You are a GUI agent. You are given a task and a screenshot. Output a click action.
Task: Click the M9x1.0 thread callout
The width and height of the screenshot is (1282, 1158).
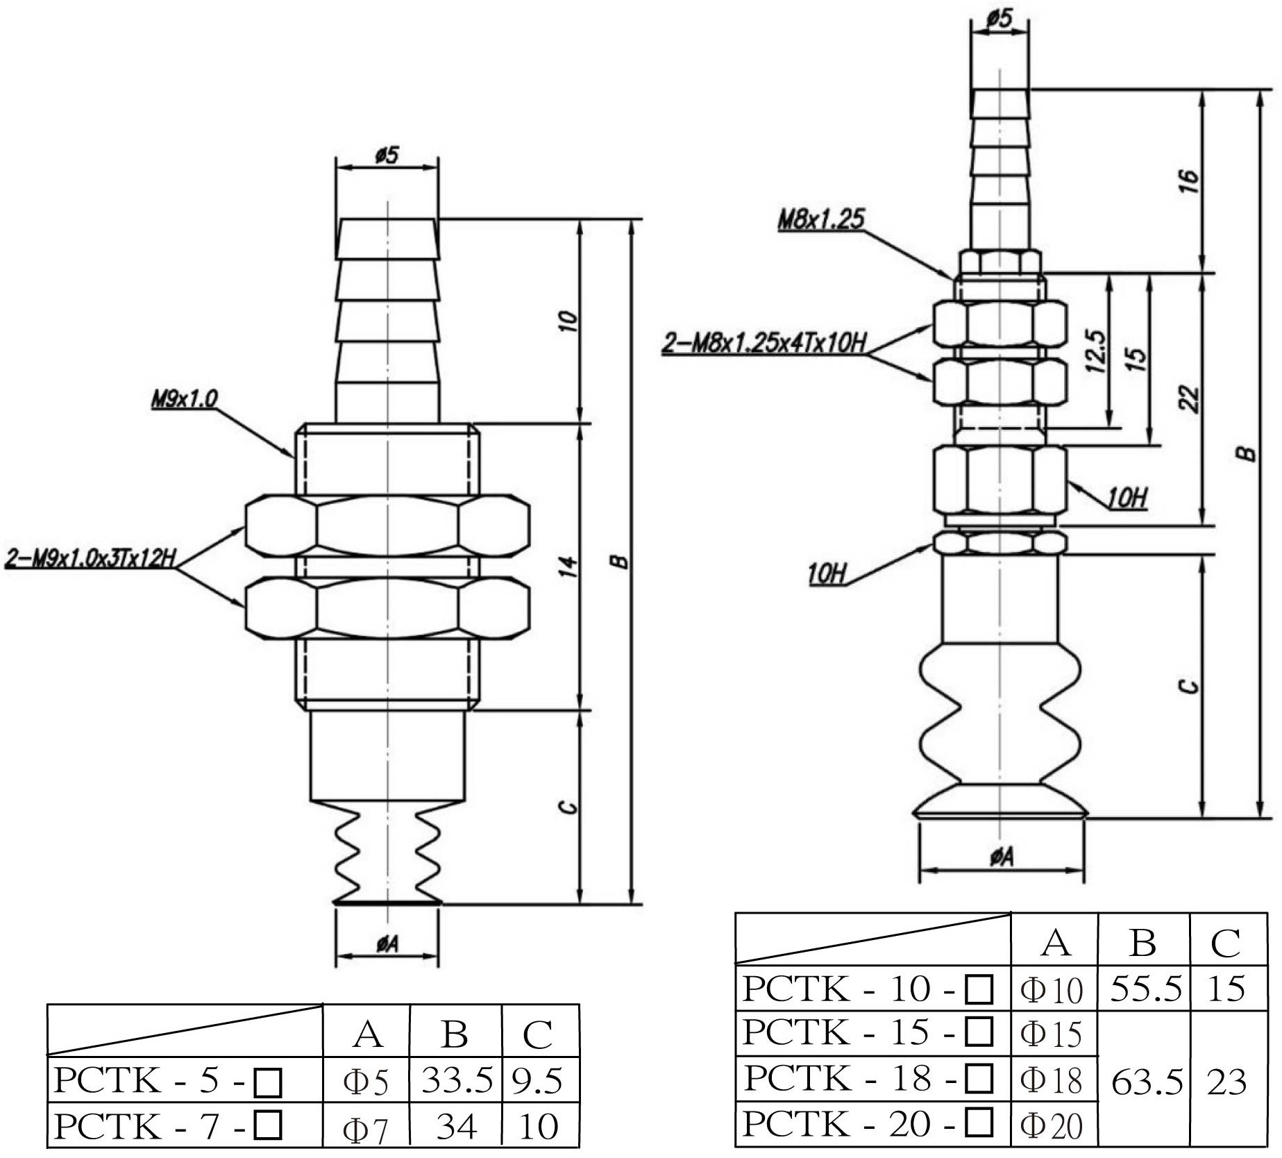pos(185,398)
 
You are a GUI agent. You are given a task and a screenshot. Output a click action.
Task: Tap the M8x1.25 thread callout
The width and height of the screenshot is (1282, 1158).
pos(821,220)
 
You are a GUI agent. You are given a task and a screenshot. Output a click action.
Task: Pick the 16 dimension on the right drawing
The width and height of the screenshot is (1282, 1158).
pos(1189,180)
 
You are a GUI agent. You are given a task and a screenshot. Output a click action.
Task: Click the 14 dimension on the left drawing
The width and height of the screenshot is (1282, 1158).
pos(568,566)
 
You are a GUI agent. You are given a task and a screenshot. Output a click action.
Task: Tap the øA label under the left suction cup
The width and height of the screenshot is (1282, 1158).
pos(387,943)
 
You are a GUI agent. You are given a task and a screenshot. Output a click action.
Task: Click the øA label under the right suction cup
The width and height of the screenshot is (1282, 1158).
pos(1002,858)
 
